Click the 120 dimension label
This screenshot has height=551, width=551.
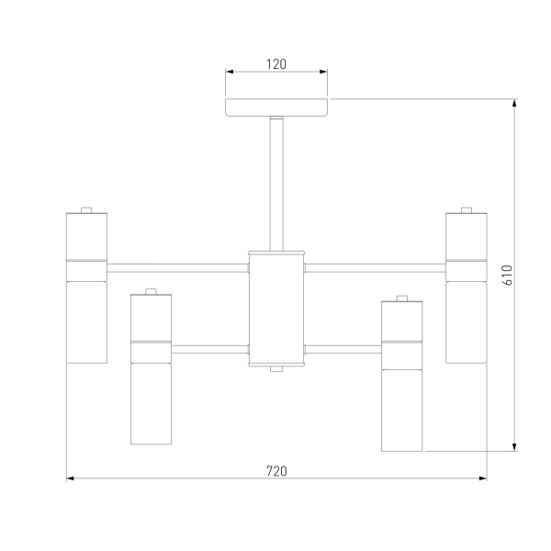pyautogui.click(x=276, y=64)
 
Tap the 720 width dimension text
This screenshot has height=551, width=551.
pyautogui.click(x=276, y=471)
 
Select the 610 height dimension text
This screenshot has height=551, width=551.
pyautogui.click(x=508, y=275)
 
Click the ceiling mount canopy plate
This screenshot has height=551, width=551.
pyautogui.click(x=276, y=107)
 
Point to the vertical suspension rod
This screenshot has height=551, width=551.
pyautogui.click(x=276, y=184)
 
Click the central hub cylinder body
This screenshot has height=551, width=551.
pyautogui.click(x=276, y=309)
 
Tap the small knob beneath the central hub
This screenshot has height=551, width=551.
pyautogui.click(x=276, y=369)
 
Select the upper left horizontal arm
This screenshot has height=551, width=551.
pyautogui.click(x=177, y=268)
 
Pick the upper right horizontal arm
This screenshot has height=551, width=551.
pyautogui.click(x=376, y=268)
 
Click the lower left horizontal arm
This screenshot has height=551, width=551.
pyautogui.click(x=209, y=349)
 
